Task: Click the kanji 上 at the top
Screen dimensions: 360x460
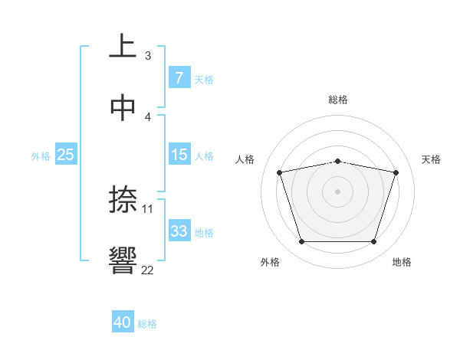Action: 123,46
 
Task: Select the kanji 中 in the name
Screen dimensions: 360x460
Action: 123,108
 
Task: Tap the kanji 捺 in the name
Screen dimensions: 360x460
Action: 123,199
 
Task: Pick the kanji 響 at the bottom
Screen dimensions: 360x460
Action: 123,261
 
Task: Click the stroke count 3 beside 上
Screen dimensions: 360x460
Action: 147,55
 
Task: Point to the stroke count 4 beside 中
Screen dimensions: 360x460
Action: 147,116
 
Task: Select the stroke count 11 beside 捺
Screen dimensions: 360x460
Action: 148,208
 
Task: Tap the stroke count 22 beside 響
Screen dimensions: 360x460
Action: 147,270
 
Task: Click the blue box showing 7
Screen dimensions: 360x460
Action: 179,78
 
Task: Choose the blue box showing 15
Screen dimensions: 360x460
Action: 179,155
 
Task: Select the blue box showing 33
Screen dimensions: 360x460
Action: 179,231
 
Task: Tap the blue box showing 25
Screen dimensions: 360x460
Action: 65,155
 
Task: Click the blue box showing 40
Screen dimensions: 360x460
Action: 123,322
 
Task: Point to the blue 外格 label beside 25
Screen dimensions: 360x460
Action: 41,155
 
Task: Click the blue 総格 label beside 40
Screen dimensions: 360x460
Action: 147,324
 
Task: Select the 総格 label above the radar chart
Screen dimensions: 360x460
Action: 338,100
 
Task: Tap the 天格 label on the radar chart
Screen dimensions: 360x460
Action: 431,159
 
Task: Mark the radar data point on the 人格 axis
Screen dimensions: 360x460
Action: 280,172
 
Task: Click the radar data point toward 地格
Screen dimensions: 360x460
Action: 373,242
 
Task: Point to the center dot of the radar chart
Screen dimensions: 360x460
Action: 338,191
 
